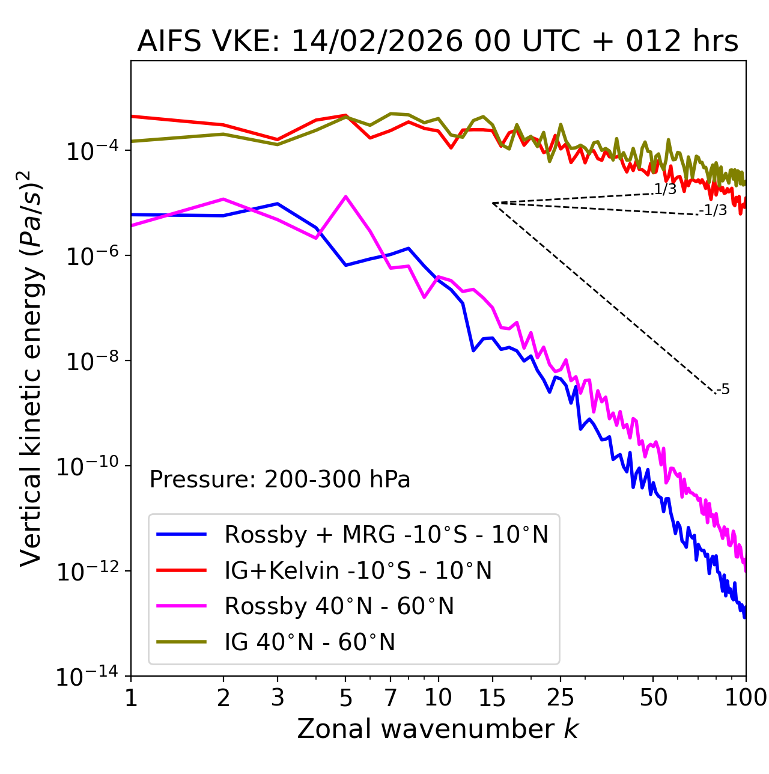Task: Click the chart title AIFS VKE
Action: [437, 42]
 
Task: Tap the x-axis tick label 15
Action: [493, 698]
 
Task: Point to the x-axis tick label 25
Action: [560, 698]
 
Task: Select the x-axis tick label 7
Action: [391, 698]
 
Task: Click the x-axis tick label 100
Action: [746, 698]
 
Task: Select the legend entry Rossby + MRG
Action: [386, 534]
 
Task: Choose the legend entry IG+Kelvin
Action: [357, 570]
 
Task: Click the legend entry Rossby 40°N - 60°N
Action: [339, 606]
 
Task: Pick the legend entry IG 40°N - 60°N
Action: [309, 642]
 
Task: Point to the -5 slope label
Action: [723, 390]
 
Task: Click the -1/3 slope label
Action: [714, 210]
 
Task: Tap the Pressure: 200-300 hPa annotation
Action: [280, 480]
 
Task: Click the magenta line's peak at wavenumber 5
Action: [345, 197]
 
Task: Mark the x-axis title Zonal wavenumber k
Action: [437, 730]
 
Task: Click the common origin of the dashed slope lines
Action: [493, 203]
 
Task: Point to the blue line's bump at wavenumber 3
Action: [277, 204]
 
